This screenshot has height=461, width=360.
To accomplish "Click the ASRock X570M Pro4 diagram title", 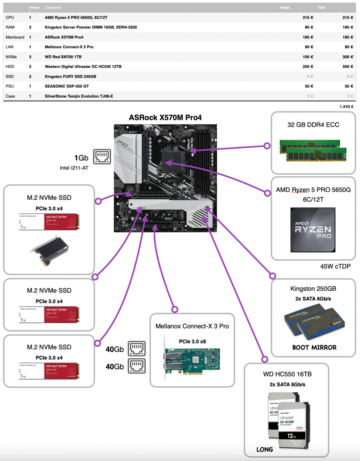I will tap(165, 117).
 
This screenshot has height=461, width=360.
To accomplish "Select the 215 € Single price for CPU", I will tap(308, 18).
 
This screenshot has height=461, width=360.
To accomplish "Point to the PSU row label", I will tap(10, 86).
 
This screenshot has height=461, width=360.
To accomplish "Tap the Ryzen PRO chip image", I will tap(312, 230).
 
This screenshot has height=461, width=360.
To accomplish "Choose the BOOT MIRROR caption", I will tap(314, 347).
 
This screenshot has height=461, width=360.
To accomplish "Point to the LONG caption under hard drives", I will tap(264, 449).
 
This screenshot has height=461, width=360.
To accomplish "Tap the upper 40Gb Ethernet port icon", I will tap(137, 349).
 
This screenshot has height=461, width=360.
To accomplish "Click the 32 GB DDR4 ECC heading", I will tap(313, 124).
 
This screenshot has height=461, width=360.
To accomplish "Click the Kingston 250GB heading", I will tap(313, 289).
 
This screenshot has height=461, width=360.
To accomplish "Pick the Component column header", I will tap(53, 8).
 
